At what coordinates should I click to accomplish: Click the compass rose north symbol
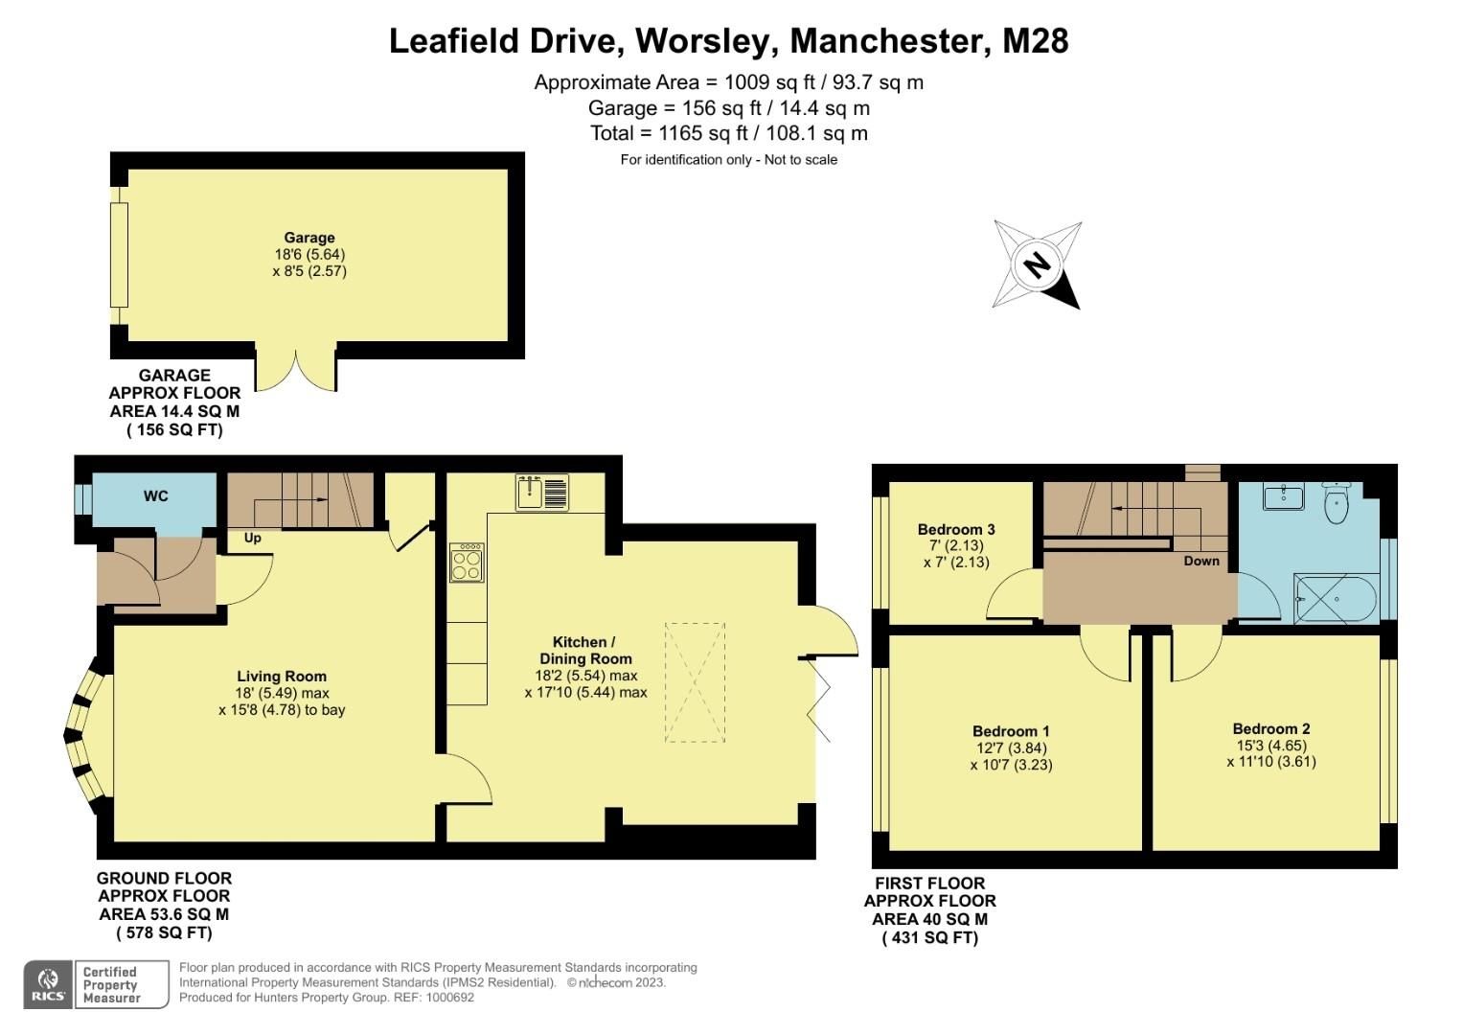[x=1037, y=264]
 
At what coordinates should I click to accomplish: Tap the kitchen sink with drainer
[x=541, y=493]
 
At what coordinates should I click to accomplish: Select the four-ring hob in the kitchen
[x=467, y=563]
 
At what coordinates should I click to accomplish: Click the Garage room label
[x=309, y=238]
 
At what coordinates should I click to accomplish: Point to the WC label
[x=155, y=495]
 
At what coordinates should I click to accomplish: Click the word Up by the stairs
[x=252, y=538]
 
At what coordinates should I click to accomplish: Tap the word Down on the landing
[x=1200, y=561]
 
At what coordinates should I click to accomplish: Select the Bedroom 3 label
[x=955, y=529]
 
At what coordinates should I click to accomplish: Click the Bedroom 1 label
[x=1011, y=731]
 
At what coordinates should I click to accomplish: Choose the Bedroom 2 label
[x=1270, y=728]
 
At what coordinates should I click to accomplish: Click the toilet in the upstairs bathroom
[x=1337, y=504]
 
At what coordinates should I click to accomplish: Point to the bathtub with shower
[x=1336, y=599]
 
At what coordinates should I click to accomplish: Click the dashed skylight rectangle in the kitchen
[x=695, y=681]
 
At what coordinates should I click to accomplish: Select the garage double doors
[x=296, y=372]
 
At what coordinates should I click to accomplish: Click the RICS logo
[x=48, y=984]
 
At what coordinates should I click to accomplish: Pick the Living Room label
[x=282, y=677]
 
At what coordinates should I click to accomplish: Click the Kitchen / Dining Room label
[x=585, y=650]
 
